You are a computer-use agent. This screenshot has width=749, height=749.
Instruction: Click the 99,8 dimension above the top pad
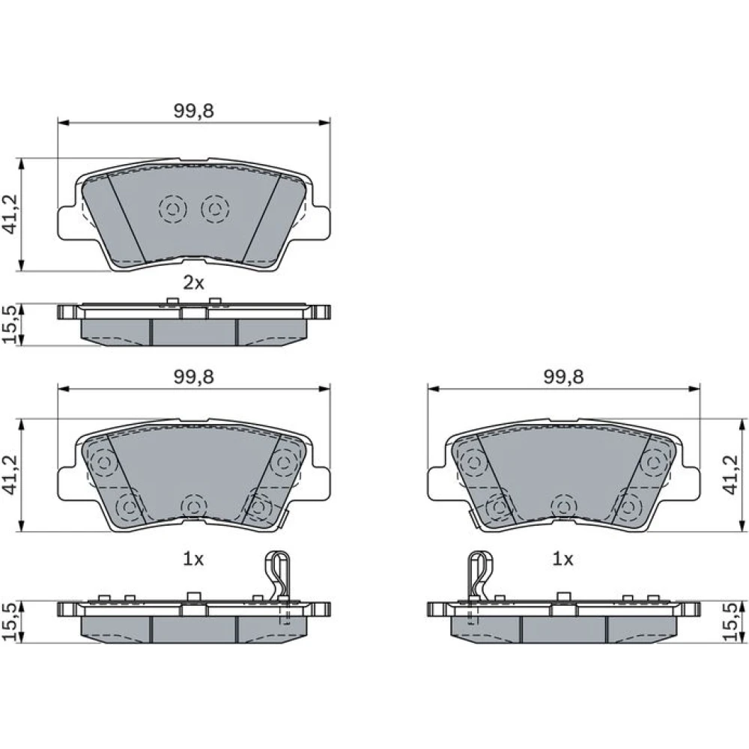[x=193, y=111]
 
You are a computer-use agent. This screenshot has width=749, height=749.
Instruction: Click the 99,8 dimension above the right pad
[x=564, y=377]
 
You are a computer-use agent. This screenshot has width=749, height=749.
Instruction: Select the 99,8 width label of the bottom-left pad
[x=193, y=377]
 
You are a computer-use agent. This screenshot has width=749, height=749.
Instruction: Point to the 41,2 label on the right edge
[x=730, y=475]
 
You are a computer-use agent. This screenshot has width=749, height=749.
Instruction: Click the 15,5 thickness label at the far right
[x=730, y=622]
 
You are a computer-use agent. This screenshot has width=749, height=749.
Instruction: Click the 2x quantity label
[x=193, y=283]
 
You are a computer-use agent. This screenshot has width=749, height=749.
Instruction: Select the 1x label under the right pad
[x=562, y=559]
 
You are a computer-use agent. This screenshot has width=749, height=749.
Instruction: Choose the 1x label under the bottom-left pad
[x=193, y=559]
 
